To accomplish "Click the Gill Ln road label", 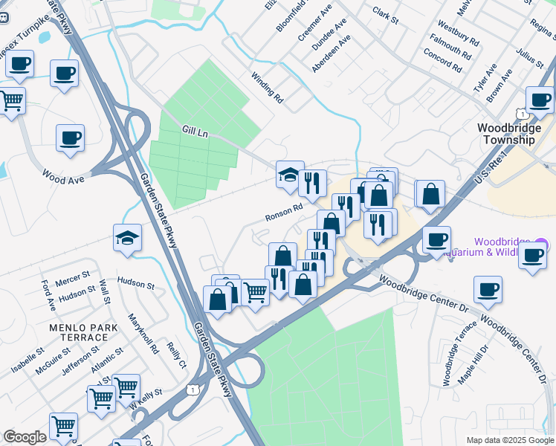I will click(x=195, y=131).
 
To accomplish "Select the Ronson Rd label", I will click(x=283, y=213).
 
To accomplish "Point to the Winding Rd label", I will click(x=267, y=88).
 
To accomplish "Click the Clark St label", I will click(x=386, y=14).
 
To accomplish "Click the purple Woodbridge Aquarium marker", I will click(x=541, y=244).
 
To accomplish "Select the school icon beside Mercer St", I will click(x=128, y=239).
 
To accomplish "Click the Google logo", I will click(x=25, y=436).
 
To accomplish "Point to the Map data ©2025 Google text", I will click(x=510, y=440).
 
